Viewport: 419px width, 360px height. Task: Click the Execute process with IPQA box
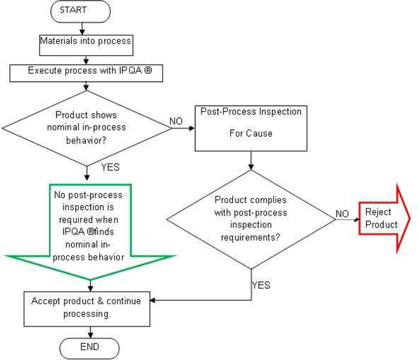coord(86,70)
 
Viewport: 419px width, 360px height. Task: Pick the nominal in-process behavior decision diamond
coord(86,126)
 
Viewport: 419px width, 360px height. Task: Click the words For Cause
coord(250,133)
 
